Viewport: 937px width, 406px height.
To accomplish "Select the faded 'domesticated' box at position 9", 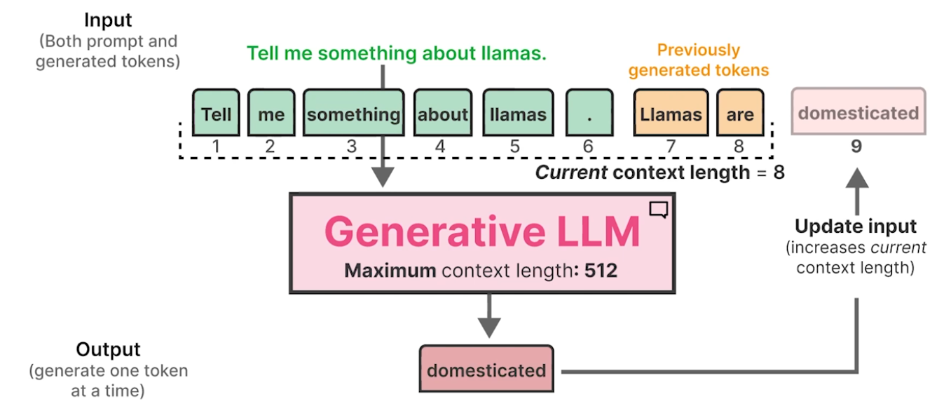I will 858,112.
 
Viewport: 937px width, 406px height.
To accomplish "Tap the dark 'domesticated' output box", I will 486,369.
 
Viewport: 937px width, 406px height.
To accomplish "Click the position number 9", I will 856,146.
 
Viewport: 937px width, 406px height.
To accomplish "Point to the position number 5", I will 515,146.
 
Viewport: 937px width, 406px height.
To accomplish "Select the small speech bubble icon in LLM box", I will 658,209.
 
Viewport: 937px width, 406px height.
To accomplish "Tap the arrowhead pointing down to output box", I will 488,327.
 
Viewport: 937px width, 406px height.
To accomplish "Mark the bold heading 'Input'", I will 108,20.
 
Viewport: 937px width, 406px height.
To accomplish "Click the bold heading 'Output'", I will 108,349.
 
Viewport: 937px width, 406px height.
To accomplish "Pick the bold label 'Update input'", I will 856,226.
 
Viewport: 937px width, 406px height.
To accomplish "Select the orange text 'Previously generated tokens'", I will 698,60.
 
